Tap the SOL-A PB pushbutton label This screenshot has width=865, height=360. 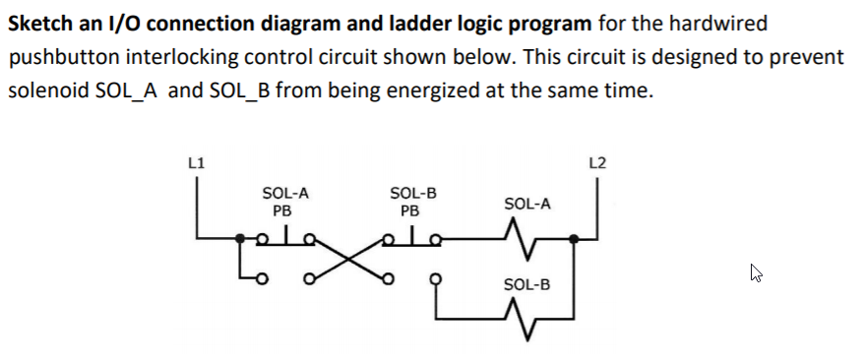281,202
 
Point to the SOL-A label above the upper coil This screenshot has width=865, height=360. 527,205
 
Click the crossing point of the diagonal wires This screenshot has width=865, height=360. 346,262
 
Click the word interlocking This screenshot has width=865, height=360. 175,56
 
